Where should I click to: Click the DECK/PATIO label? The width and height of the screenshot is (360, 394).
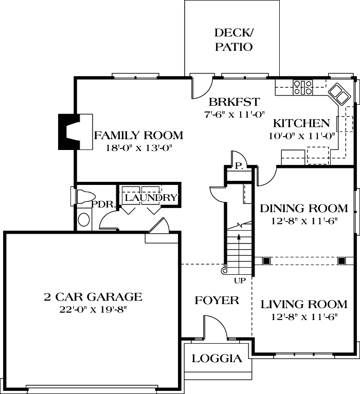233,40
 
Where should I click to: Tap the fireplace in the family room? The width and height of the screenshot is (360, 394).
70,132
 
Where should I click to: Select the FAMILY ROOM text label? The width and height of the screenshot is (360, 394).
138,136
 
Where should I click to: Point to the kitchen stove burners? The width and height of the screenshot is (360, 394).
302,87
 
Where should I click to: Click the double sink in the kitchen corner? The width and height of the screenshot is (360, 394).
339,93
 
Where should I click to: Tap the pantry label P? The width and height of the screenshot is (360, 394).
239,166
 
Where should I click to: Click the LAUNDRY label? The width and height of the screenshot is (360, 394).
151,198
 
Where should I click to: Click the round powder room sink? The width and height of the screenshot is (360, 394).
83,220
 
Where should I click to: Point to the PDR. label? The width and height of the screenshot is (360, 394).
99,204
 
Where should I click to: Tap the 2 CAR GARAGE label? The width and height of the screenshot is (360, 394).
92,297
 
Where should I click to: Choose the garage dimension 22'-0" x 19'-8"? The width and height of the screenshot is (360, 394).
92,309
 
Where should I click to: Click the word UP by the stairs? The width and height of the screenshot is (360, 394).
240,280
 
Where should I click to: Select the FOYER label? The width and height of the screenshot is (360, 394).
217,300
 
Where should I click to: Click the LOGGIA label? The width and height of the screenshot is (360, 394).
217,359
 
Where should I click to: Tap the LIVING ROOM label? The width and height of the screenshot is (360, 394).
298,304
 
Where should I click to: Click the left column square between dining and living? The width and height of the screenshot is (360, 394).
266,260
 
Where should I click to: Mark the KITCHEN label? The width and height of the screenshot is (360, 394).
301,123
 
